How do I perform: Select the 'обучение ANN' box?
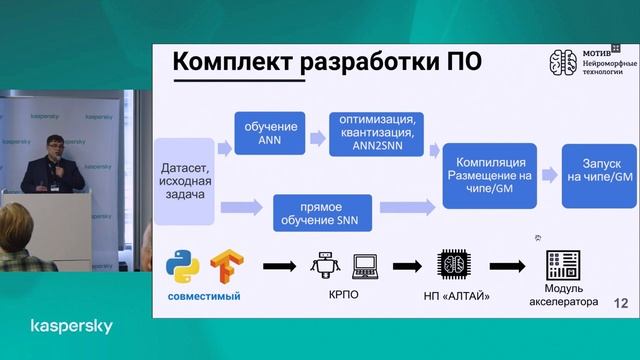[269, 132]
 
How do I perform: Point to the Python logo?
[184, 267]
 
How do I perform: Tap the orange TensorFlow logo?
[227, 268]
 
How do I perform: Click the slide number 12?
[620, 302]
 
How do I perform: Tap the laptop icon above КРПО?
[366, 267]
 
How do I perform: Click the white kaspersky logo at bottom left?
[71, 327]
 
